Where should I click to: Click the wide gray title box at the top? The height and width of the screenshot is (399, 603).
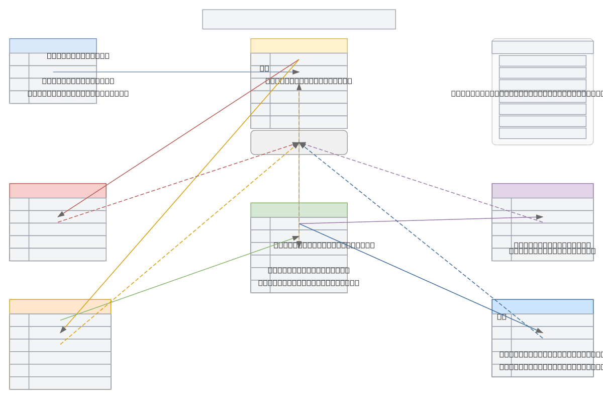pyautogui.click(x=298, y=19)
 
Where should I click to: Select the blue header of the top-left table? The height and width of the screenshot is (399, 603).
pyautogui.click(x=53, y=46)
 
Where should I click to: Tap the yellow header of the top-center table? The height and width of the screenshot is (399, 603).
pyautogui.click(x=298, y=46)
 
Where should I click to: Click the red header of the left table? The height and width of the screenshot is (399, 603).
pyautogui.click(x=57, y=191)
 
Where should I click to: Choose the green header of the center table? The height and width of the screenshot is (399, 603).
pyautogui.click(x=298, y=210)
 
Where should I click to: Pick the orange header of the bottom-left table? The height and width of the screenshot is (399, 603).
pyautogui.click(x=60, y=306)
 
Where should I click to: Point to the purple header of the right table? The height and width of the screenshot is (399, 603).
pyautogui.click(x=542, y=191)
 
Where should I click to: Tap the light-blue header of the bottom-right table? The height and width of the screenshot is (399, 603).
pyautogui.click(x=542, y=306)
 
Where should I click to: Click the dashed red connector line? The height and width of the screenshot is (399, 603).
pyautogui.click(x=176, y=183)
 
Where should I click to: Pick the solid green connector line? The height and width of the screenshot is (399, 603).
pyautogui.click(x=179, y=278)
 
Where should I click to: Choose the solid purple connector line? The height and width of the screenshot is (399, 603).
pyautogui.click(x=421, y=220)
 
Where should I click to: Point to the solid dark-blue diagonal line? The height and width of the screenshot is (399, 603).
pyautogui.click(x=421, y=278)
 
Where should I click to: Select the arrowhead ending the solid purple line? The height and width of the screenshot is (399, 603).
pyautogui.click(x=540, y=217)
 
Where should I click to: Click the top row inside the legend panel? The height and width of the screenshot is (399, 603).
pyautogui.click(x=542, y=61)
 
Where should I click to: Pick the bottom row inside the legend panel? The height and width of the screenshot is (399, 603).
pyautogui.click(x=542, y=133)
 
